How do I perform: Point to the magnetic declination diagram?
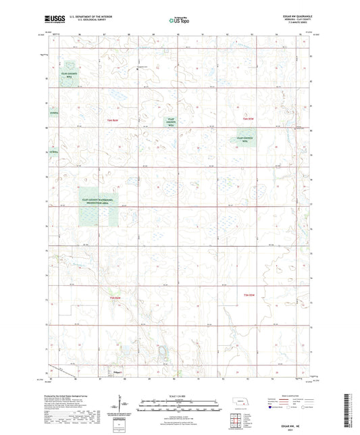click(x=124, y=408)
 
